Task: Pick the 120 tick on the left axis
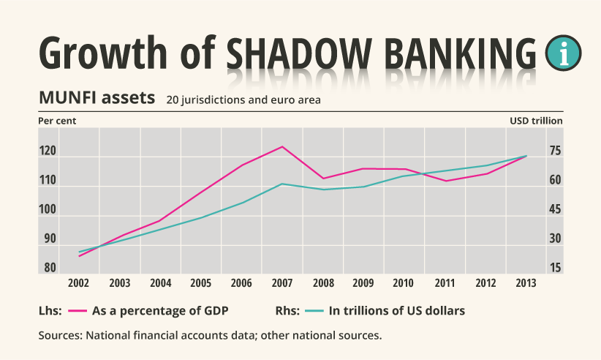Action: [x=48, y=151]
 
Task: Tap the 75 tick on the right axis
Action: [x=555, y=151]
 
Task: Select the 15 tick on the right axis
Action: [x=555, y=268]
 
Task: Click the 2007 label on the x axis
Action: [x=282, y=283]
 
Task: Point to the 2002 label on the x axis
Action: [x=79, y=283]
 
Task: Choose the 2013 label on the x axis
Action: [x=526, y=283]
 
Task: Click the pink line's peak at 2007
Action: [x=282, y=146]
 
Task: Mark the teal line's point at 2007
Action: [x=282, y=184]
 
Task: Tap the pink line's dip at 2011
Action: [x=445, y=181]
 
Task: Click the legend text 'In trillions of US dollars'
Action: [x=397, y=310]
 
